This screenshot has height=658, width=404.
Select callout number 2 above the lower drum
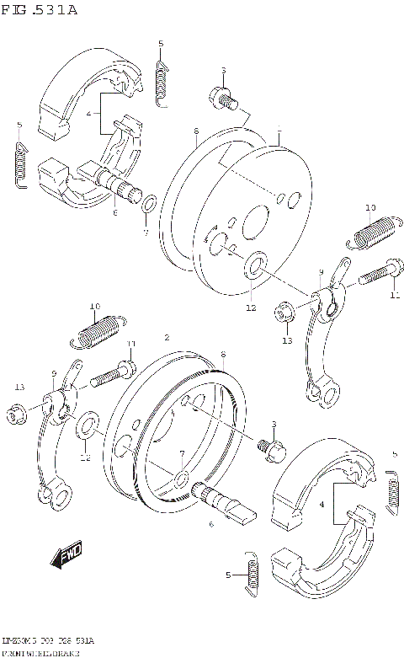[167, 336]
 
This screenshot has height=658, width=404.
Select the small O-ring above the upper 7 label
[148, 204]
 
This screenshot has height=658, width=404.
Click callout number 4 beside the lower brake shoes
[321, 503]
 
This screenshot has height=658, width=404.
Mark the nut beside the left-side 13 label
[14, 414]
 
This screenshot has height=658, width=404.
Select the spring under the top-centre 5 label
[162, 81]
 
